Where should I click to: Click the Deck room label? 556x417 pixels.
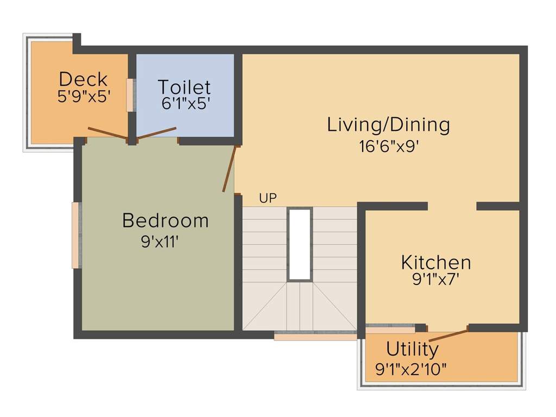(83, 79)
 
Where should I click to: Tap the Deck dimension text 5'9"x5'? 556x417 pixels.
(84, 97)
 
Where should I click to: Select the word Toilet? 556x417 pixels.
(184, 87)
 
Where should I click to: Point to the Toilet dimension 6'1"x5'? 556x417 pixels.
(185, 104)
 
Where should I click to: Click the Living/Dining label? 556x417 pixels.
(388, 125)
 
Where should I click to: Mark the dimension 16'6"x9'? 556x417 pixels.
(388, 147)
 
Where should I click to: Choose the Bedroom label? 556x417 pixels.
(165, 220)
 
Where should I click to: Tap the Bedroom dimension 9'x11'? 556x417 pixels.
(160, 241)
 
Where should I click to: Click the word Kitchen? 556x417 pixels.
(435, 263)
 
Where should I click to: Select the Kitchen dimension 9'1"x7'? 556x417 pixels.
(435, 281)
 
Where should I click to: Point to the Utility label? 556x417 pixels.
(412, 348)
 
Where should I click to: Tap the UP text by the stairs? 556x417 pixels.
(268, 199)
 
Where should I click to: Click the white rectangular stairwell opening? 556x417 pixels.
(300, 244)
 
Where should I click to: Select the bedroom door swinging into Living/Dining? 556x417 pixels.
(229, 168)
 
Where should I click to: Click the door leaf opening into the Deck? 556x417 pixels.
(108, 133)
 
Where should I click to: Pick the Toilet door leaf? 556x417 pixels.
(157, 132)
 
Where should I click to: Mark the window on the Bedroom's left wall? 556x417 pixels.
(77, 235)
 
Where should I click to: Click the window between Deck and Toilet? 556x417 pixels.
(130, 95)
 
